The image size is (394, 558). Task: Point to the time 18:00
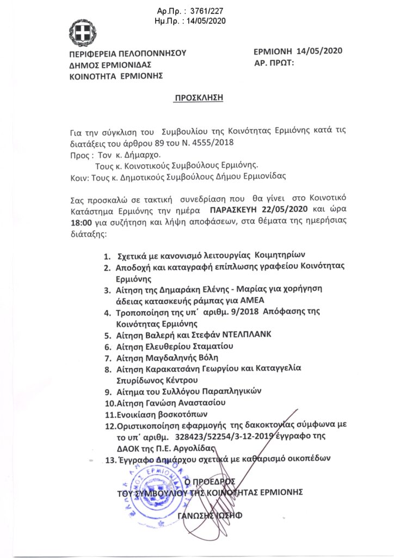[x=81, y=221]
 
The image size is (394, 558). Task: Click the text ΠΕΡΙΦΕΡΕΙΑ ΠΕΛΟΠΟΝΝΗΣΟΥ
[x=128, y=53]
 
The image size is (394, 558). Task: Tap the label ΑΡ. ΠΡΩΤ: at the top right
[x=274, y=64]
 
